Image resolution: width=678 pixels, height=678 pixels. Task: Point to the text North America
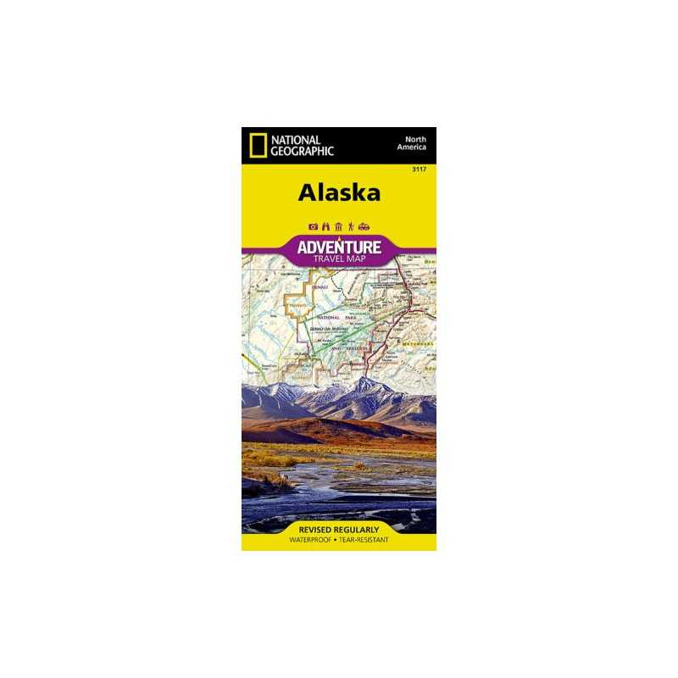(x=414, y=142)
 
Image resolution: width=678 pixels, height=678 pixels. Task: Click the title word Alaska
(x=339, y=192)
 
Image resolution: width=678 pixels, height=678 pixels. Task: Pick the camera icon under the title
(x=313, y=227)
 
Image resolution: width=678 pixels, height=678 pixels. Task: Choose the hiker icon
(x=350, y=227)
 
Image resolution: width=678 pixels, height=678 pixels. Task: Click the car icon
(x=364, y=227)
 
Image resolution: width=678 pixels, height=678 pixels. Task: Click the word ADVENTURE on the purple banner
(x=339, y=246)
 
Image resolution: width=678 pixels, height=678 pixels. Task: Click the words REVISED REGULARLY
(x=339, y=530)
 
